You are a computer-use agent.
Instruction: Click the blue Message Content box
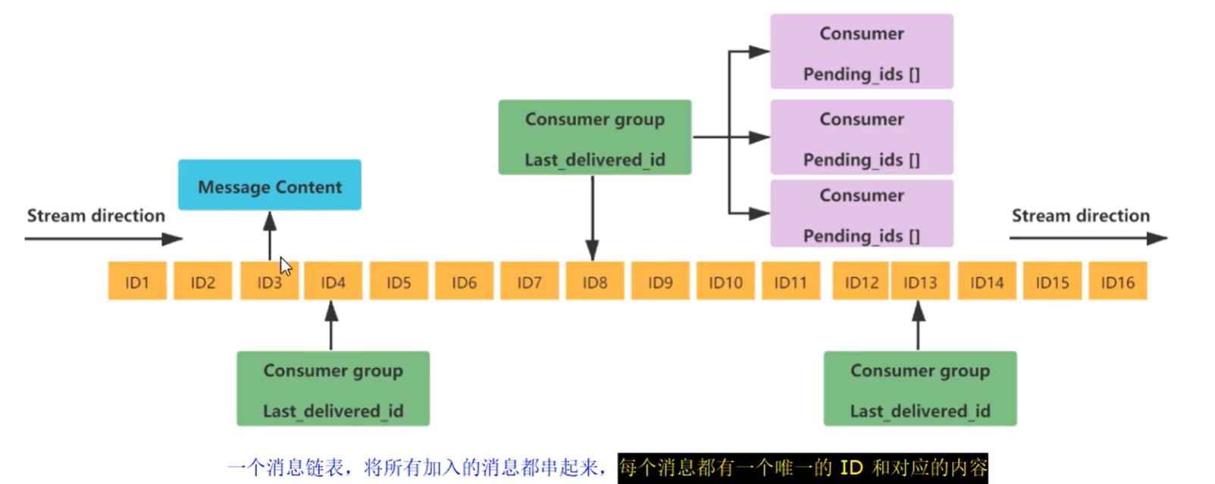click(x=270, y=185)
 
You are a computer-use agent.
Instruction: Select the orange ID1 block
click(x=137, y=281)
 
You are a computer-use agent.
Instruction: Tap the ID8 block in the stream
click(x=595, y=281)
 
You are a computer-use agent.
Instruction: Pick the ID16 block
click(x=1118, y=281)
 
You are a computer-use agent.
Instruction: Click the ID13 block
click(x=920, y=281)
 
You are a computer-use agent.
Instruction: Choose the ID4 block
click(x=333, y=281)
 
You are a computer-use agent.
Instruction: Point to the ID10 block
click(x=726, y=281)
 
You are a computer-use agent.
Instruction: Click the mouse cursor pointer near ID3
click(x=285, y=266)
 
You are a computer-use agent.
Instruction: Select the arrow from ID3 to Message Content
click(x=270, y=236)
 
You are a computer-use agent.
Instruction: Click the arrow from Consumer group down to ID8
click(x=592, y=218)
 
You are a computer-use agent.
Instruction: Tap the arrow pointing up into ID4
click(x=331, y=325)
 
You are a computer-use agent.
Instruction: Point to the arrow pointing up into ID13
click(x=919, y=325)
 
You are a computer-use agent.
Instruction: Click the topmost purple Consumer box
click(x=862, y=52)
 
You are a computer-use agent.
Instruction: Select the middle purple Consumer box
click(x=862, y=137)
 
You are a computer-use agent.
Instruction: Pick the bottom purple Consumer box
click(x=862, y=214)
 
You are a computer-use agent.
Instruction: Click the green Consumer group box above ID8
click(x=595, y=137)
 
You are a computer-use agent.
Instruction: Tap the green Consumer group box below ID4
click(x=333, y=389)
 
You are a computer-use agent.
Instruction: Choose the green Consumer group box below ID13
click(x=920, y=389)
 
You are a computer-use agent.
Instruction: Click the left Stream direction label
click(x=96, y=216)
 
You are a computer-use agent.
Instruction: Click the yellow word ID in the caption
click(x=851, y=467)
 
